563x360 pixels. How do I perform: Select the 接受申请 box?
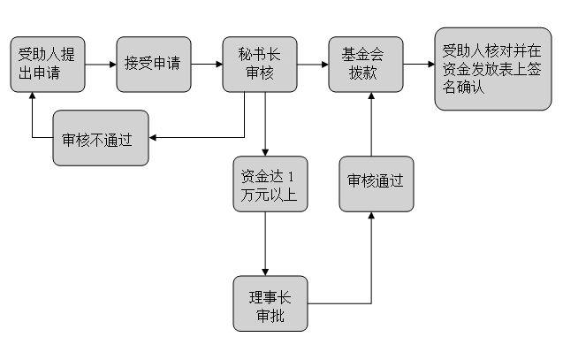[x=153, y=64]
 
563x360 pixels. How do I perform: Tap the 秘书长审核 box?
[x=259, y=64]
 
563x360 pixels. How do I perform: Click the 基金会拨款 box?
[x=365, y=64]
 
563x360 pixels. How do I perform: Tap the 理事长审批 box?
[x=270, y=303]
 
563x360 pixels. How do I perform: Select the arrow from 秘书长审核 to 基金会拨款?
[x=312, y=65]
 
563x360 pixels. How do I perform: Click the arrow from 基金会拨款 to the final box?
[x=418, y=65]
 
